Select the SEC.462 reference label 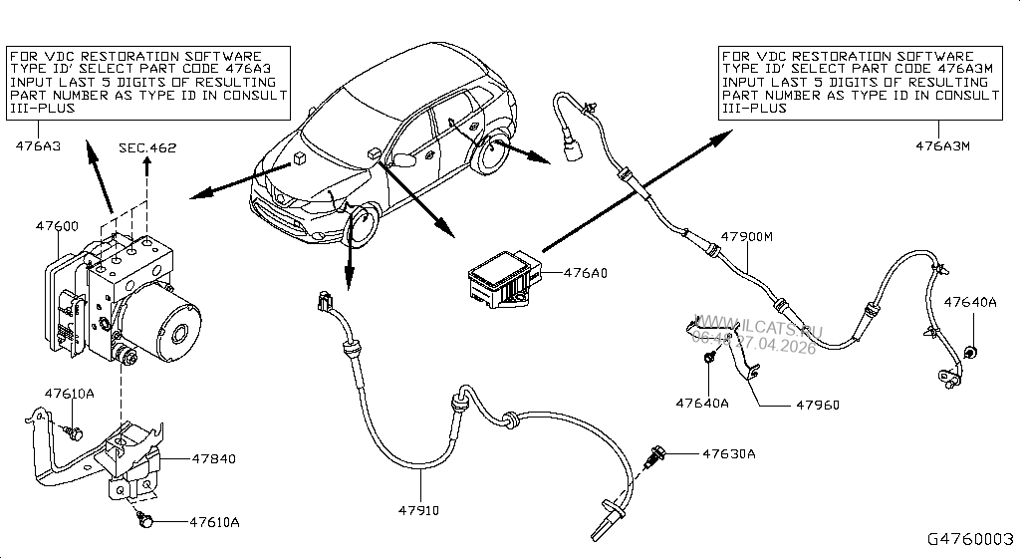point(147,148)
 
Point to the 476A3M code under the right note point(943,145)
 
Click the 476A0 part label point(587,271)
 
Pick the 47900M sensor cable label point(748,237)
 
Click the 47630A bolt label point(729,454)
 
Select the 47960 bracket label point(817,406)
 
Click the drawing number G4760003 point(969,539)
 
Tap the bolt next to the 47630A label point(657,454)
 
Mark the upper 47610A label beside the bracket point(69,394)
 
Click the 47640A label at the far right point(969,302)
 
